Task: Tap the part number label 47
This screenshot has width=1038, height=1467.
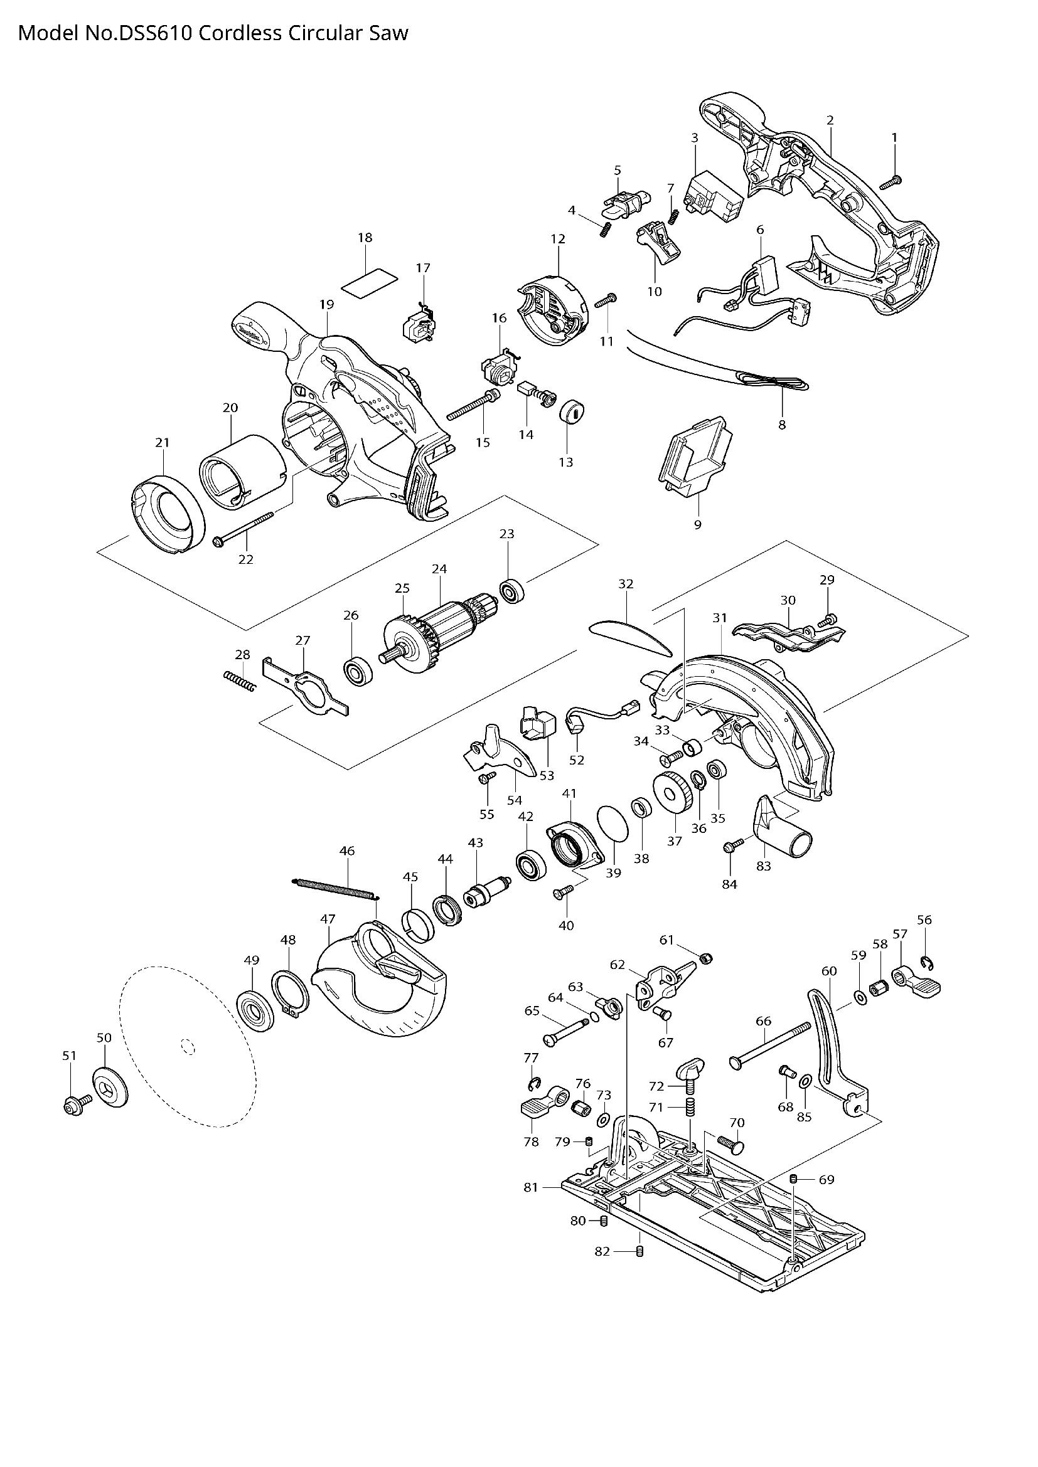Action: pos(327,919)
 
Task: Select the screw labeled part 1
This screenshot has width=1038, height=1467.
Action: pos(891,182)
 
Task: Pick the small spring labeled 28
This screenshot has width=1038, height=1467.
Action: pos(240,680)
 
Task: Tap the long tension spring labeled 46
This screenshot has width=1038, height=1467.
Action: pos(335,890)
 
